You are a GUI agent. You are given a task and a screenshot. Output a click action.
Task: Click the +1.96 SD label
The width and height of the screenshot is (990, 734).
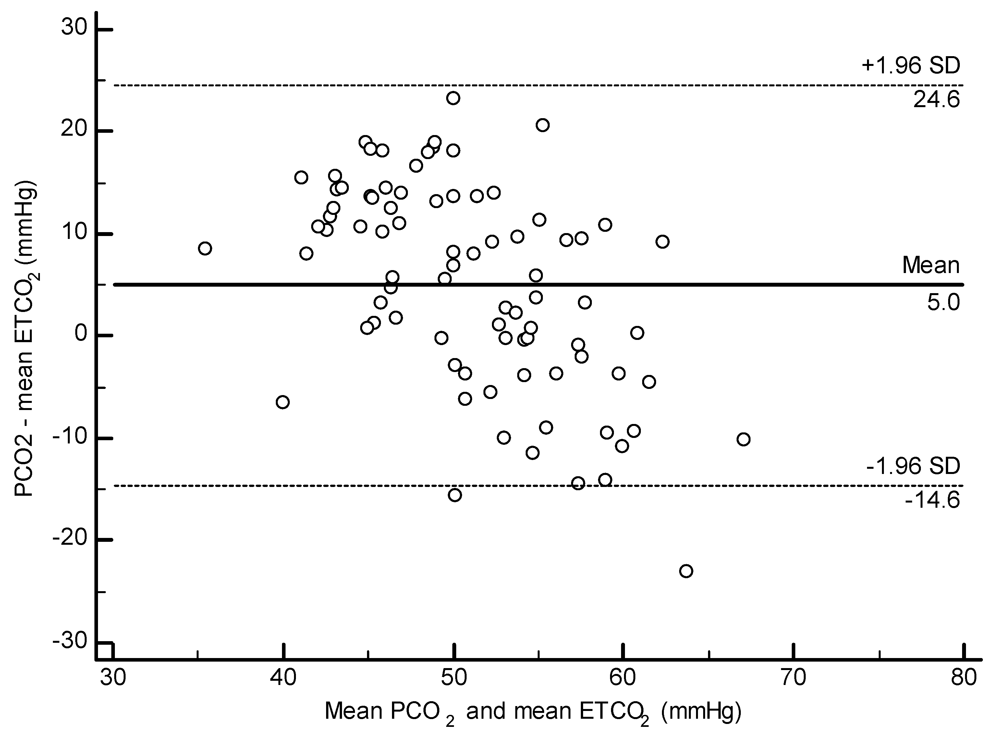911,66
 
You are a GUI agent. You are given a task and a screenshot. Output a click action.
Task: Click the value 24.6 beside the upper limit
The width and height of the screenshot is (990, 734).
936,100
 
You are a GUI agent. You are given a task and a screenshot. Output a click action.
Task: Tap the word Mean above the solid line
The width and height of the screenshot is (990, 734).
931,265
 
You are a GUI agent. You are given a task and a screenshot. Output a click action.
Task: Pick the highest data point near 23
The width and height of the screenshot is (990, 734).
453,98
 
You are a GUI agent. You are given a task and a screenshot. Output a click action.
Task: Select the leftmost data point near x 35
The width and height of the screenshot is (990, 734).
205,248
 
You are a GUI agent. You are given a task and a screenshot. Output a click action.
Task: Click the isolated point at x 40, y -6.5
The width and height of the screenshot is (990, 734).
283,402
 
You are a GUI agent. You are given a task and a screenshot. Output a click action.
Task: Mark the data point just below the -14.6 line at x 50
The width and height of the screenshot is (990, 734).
454,495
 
